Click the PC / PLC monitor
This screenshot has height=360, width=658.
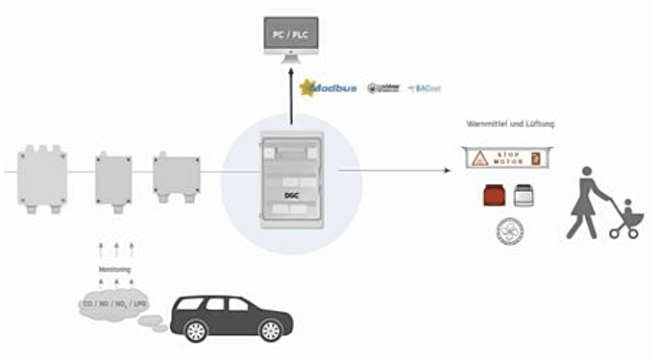tap(290, 36)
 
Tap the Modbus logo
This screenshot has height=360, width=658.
tap(330, 87)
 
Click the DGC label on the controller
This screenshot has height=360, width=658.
tap(290, 194)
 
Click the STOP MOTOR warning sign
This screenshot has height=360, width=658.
tap(508, 157)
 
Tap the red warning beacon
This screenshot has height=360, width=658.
tap(494, 196)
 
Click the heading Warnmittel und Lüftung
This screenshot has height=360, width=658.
tap(508, 124)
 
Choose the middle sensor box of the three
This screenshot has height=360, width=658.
tap(113, 178)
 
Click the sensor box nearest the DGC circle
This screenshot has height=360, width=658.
tap(176, 173)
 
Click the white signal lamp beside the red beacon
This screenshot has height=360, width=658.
tap(524, 196)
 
